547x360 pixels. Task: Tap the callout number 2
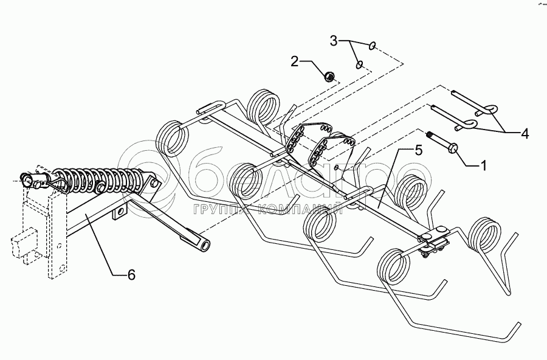(295, 61)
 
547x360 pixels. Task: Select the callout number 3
(334, 41)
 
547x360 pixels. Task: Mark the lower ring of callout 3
(360, 64)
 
